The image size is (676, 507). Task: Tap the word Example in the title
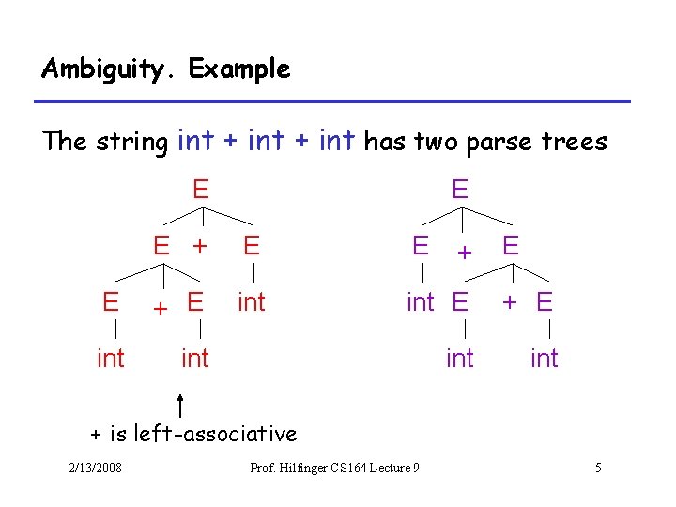pyautogui.click(x=239, y=69)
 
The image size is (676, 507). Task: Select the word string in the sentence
pyautogui.click(x=132, y=142)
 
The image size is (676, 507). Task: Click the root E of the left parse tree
pyautogui.click(x=201, y=190)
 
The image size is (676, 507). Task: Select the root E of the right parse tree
pyautogui.click(x=459, y=190)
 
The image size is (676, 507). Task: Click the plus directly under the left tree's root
pyautogui.click(x=199, y=246)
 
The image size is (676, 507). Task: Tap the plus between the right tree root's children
pyautogui.click(x=464, y=251)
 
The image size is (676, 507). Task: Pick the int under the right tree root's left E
pyautogui.click(x=420, y=302)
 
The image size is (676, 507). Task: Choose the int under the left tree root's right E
pyautogui.click(x=251, y=302)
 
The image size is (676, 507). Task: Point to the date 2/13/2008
pyautogui.click(x=94, y=468)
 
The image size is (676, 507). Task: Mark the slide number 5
pyautogui.click(x=598, y=468)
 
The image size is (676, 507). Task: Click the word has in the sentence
pyautogui.click(x=380, y=142)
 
